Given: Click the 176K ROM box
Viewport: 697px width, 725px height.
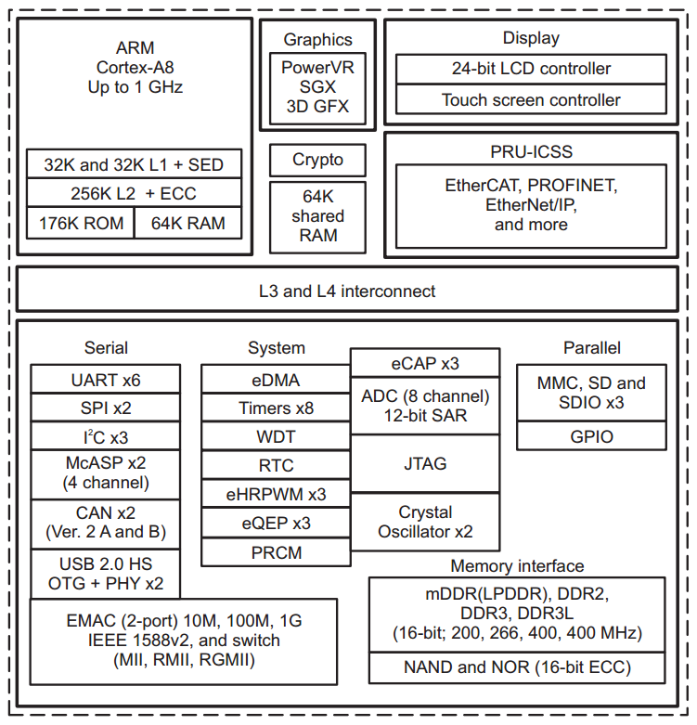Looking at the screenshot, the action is (x=81, y=223).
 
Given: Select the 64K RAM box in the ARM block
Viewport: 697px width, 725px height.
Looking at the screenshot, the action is (x=188, y=223).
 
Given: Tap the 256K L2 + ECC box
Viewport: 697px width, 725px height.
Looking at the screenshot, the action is (x=134, y=193).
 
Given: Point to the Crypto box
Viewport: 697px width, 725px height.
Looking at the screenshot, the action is (x=318, y=160).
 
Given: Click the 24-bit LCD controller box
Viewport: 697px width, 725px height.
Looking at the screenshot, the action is (x=531, y=69).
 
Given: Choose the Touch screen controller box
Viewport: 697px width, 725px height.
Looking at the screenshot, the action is (x=531, y=99).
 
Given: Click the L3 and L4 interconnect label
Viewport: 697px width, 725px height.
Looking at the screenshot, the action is (x=347, y=291).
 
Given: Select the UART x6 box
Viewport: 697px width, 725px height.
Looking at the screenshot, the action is (x=106, y=380).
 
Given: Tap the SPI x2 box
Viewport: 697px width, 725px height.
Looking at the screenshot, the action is (x=106, y=408).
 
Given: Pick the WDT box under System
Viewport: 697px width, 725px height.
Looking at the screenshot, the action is (x=276, y=436).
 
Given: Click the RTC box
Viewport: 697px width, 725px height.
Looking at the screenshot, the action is (x=276, y=465).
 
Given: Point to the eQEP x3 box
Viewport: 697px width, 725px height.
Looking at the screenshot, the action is (x=276, y=523).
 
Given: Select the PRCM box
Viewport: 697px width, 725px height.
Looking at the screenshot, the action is (x=276, y=552).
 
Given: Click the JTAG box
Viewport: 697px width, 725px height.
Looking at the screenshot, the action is (x=425, y=464).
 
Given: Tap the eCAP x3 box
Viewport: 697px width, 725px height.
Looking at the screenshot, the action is (x=425, y=363).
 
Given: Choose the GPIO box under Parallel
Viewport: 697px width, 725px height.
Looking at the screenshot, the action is (x=591, y=436).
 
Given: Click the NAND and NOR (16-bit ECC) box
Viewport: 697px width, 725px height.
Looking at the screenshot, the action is (x=517, y=667).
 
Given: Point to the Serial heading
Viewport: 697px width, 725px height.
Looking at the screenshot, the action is (x=106, y=348).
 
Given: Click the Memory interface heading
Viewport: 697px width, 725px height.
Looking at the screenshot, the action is (x=517, y=566).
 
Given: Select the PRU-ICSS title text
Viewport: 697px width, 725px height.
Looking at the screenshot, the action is (x=531, y=151).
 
